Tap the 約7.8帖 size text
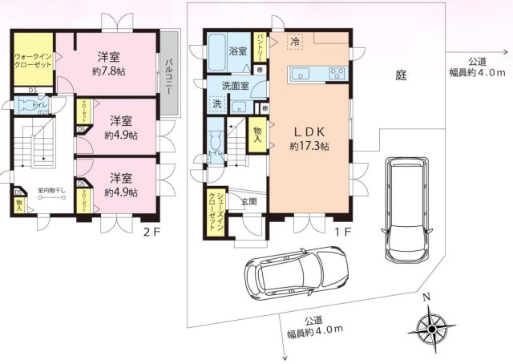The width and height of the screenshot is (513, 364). click(x=109, y=71)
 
